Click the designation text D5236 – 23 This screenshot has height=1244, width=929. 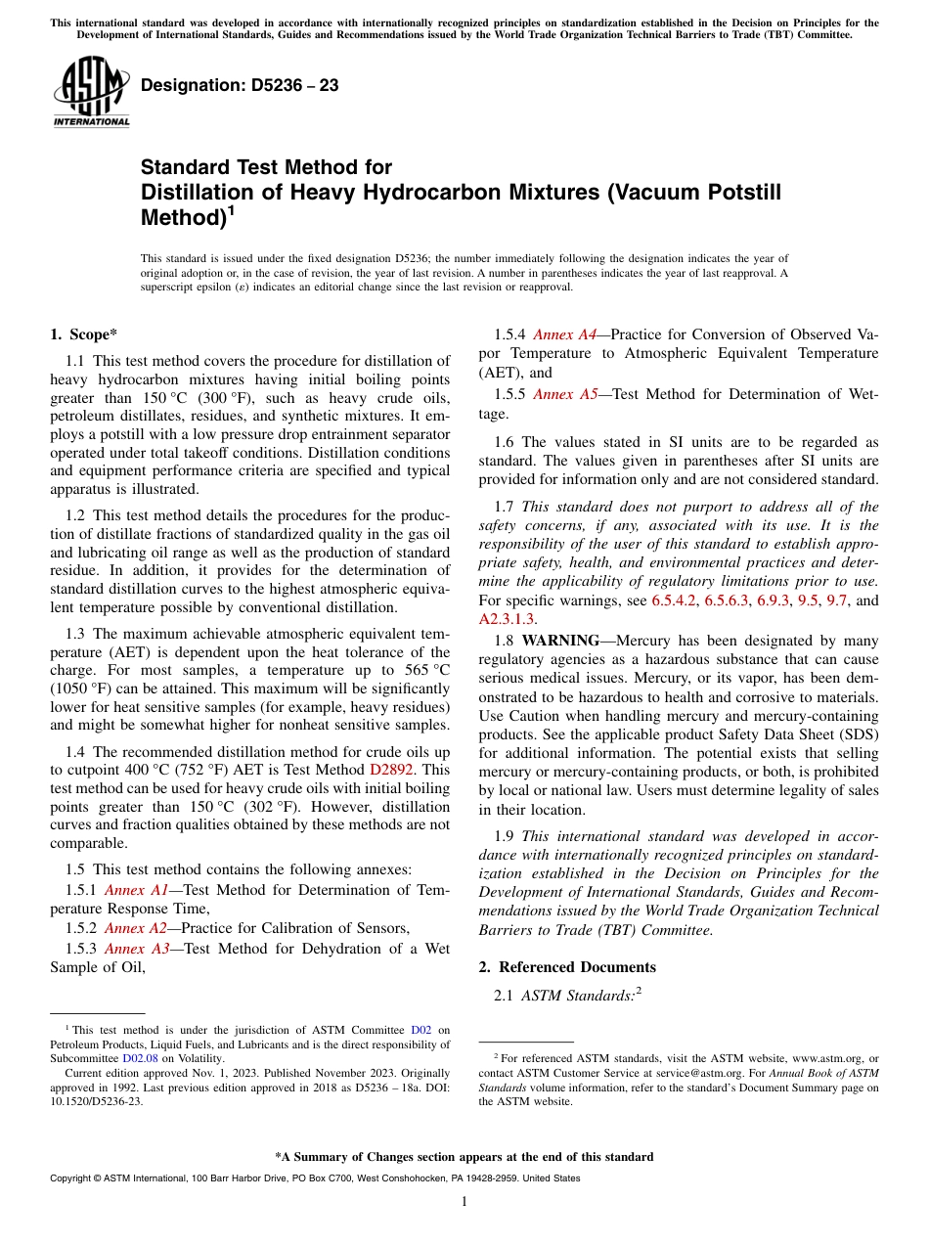click(x=240, y=86)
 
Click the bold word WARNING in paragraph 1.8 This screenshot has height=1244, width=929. click(x=560, y=641)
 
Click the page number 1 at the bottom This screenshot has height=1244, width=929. click(x=464, y=1201)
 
